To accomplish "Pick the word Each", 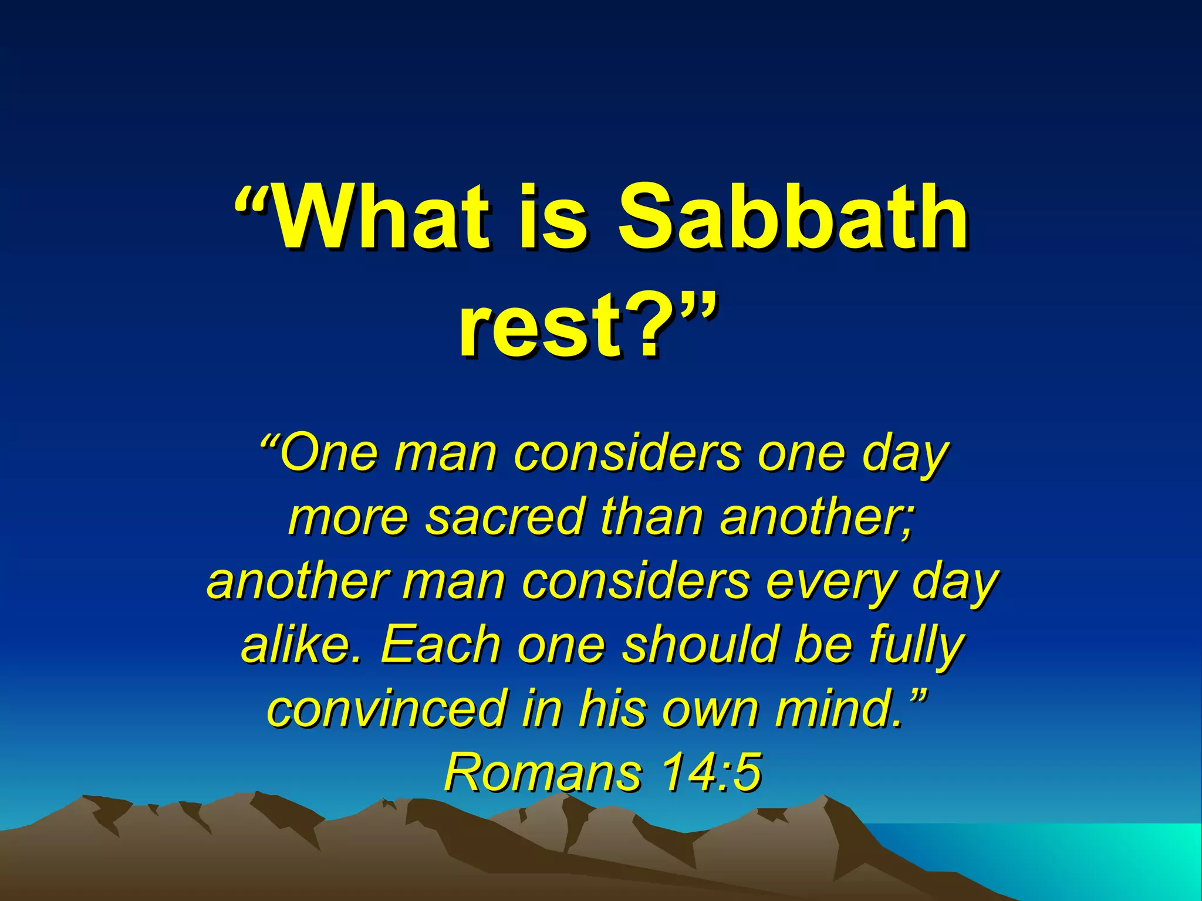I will pyautogui.click(x=440, y=645).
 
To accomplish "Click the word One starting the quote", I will pyautogui.click(x=329, y=454).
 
